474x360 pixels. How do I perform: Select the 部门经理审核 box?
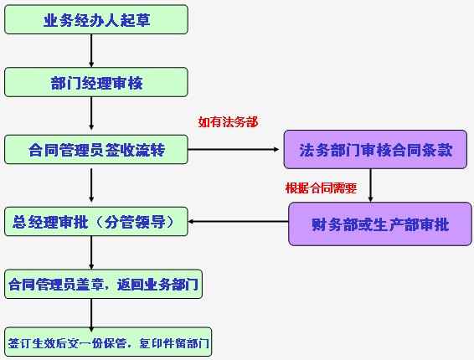pos(95,81)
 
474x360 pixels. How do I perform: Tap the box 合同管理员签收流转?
pos(95,150)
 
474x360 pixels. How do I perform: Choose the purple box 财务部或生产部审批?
pos(379,224)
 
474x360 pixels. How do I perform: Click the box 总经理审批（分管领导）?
pos(95,222)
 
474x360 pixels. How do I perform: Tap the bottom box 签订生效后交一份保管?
pos(108,342)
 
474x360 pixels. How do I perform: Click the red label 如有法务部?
pos(228,122)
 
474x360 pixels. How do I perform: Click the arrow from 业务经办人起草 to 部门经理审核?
pos(91,50)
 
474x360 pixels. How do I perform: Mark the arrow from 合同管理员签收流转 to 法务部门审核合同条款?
pos(234,151)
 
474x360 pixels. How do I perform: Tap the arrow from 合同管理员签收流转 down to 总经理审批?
pos(91,185)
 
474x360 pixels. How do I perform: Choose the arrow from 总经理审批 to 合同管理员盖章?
pos(91,253)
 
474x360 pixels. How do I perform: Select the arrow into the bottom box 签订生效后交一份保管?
pos(91,313)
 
